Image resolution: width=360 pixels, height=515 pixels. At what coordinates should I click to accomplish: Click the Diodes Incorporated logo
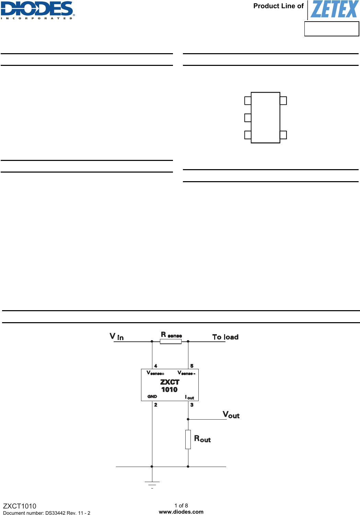click(x=37, y=10)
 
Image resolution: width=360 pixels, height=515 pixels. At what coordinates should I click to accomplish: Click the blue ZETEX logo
click(x=334, y=10)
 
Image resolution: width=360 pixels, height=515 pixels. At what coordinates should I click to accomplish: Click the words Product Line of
click(x=278, y=6)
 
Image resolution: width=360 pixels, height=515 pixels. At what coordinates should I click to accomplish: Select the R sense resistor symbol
click(x=171, y=341)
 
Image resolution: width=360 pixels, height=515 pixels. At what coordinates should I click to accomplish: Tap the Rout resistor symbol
click(x=188, y=439)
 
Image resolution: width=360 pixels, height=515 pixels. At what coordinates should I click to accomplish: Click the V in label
click(x=117, y=337)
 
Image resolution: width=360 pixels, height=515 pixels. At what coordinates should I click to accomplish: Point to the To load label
click(x=225, y=337)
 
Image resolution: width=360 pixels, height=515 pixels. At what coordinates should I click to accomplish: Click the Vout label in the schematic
click(x=231, y=415)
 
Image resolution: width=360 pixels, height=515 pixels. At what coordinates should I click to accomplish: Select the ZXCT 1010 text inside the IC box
click(x=170, y=386)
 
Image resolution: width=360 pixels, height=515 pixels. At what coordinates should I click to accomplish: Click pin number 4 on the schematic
click(x=156, y=366)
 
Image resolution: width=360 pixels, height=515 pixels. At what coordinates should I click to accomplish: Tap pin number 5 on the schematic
click(x=192, y=366)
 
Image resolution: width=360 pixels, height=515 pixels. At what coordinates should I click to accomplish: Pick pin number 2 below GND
click(x=156, y=405)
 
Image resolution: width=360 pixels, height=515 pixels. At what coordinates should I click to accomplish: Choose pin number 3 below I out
click(x=192, y=405)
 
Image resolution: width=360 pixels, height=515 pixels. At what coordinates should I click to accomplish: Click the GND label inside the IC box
click(x=152, y=396)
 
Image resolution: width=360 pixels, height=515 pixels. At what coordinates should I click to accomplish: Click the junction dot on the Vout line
click(x=188, y=419)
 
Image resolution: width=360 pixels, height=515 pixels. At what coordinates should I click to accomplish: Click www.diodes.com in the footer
click(x=181, y=512)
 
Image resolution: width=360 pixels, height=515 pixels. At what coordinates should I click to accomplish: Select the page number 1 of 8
click(x=181, y=505)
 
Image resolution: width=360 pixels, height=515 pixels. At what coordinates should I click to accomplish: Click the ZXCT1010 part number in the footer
click(x=20, y=506)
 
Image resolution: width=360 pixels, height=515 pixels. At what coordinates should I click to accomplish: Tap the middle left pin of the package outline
click(x=248, y=118)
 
